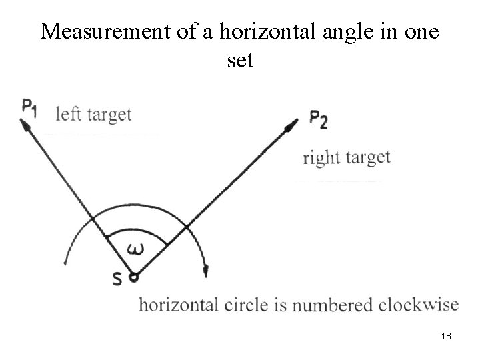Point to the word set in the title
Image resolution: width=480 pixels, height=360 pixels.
click(240, 61)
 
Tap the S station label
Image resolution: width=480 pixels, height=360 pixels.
click(117, 280)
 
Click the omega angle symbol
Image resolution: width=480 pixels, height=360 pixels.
click(136, 249)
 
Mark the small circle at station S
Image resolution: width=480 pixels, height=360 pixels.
click(133, 275)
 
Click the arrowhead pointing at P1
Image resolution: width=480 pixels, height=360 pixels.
click(27, 124)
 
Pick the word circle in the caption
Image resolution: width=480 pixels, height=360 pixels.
click(245, 305)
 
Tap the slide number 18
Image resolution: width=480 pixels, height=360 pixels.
click(446, 337)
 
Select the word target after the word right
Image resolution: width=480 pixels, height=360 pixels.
click(367, 159)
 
